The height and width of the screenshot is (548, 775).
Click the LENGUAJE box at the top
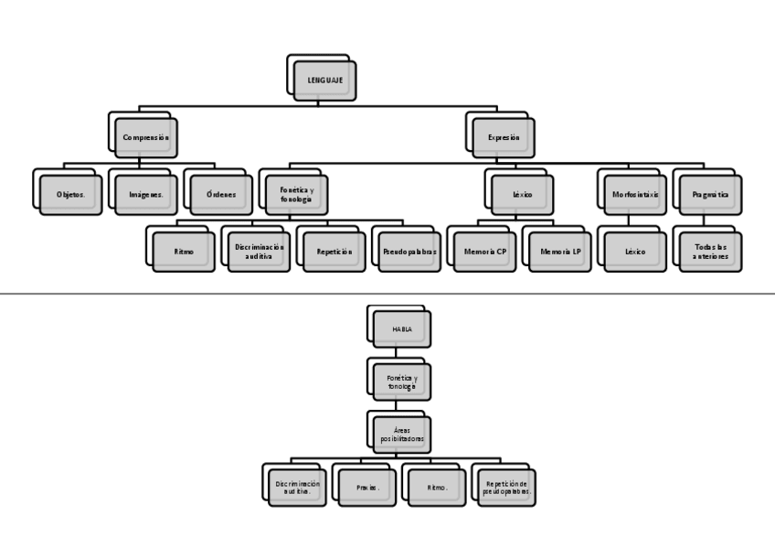[323, 81]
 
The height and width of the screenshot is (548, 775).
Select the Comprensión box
[145, 137]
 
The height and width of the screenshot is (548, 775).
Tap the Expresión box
[502, 137]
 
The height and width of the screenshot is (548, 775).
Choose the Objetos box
[70, 194]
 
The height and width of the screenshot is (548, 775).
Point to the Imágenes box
[145, 194]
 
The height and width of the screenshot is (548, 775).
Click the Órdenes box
[220, 194]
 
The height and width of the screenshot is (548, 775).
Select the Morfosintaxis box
[633, 194]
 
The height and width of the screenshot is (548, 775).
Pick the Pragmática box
[708, 194]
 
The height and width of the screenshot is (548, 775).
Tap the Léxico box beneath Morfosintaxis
[633, 251]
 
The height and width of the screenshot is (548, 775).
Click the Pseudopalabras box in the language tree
[409, 251]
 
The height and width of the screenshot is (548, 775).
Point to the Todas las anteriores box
[708, 251]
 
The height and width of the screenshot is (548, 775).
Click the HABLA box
[401, 328]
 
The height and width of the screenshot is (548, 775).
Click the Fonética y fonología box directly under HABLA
[401, 381]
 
